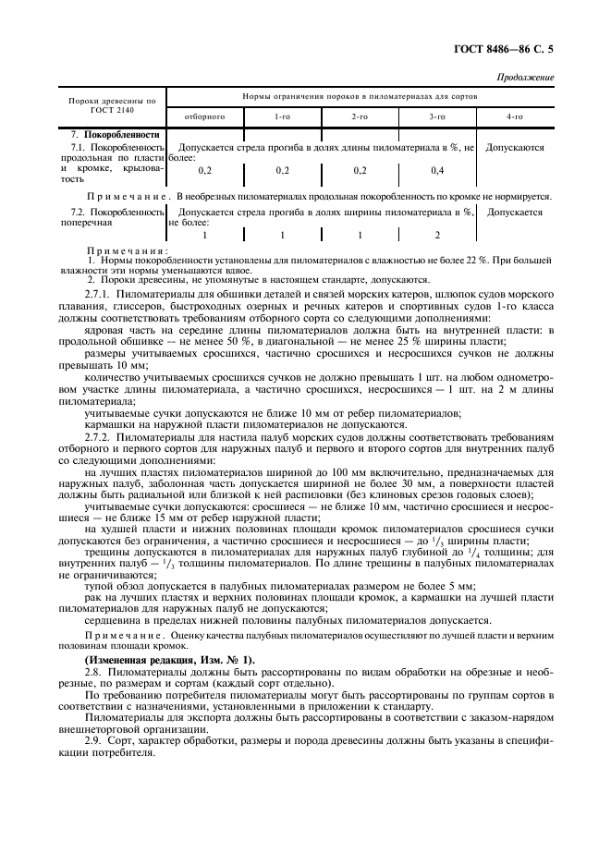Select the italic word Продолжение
click(x=526, y=78)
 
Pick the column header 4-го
click(x=514, y=118)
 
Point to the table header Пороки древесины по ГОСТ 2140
click(x=113, y=104)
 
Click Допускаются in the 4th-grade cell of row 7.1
click(x=515, y=148)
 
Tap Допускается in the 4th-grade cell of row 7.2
click(x=514, y=212)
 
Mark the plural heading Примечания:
click(x=126, y=250)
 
